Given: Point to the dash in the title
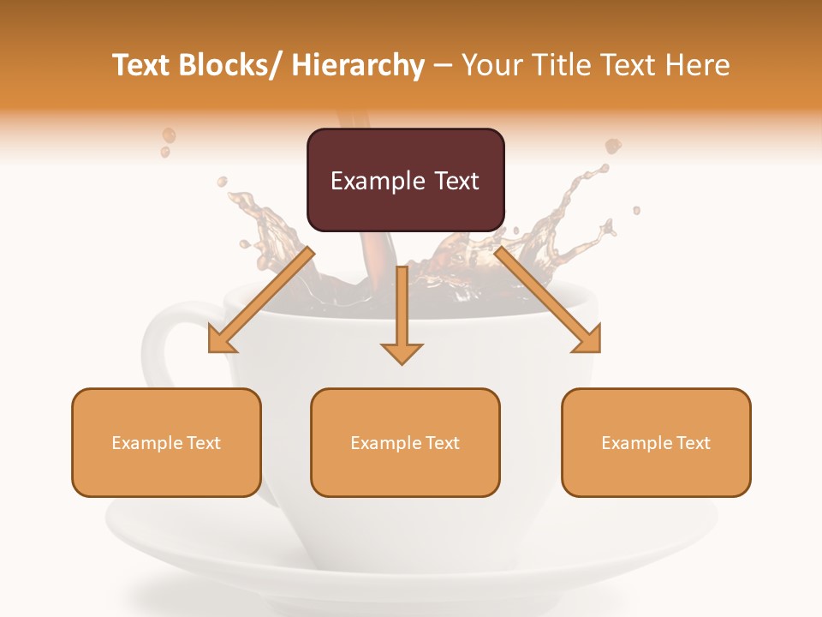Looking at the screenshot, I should (x=443, y=65).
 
